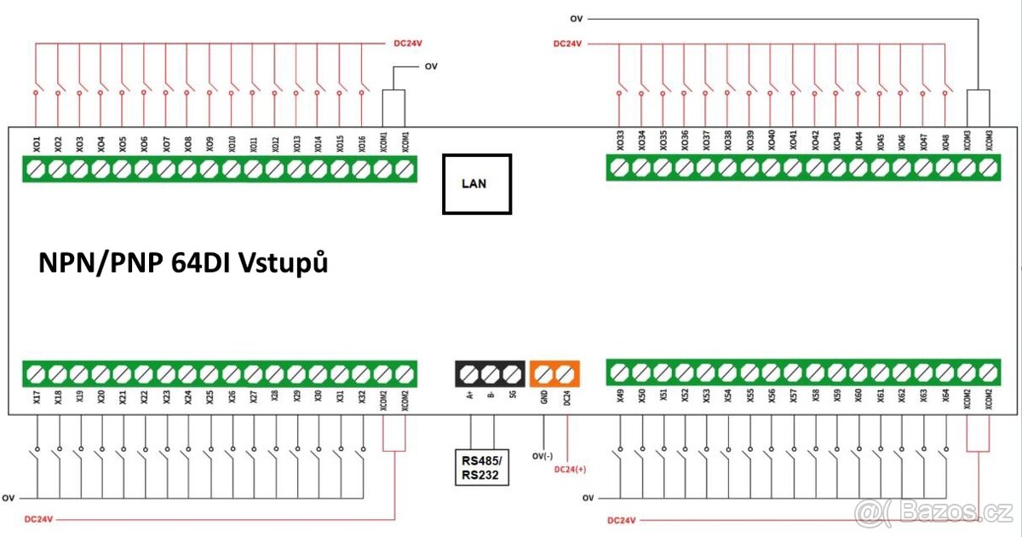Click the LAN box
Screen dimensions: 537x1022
[476, 183]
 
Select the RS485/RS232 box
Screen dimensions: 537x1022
[480, 468]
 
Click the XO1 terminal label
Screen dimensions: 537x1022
[36, 142]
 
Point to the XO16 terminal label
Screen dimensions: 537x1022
[361, 142]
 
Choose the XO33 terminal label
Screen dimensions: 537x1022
[619, 141]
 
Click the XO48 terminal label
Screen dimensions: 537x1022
[945, 141]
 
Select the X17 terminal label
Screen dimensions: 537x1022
[36, 397]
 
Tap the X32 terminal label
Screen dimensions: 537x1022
[361, 397]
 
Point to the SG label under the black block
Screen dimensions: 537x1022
[512, 394]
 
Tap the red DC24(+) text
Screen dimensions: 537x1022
[571, 468]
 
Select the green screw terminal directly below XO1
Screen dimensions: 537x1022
[36, 170]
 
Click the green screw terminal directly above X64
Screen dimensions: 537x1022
[945, 372]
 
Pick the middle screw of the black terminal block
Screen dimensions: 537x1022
[490, 373]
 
